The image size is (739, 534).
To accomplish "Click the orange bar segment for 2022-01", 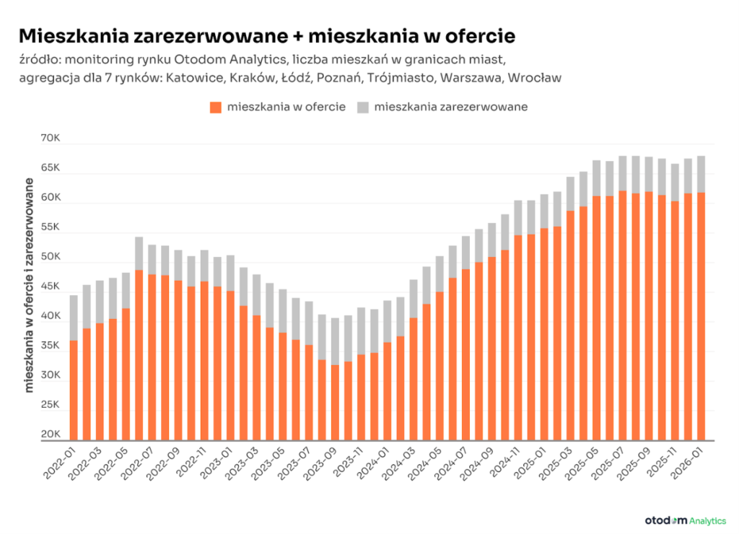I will [x=74, y=390].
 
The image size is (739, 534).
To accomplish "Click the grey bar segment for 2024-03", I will [x=414, y=298].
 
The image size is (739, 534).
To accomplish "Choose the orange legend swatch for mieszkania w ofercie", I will [x=215, y=108].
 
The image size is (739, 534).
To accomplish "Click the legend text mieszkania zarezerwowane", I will [x=450, y=107].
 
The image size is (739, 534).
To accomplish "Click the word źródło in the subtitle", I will [x=40, y=58].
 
